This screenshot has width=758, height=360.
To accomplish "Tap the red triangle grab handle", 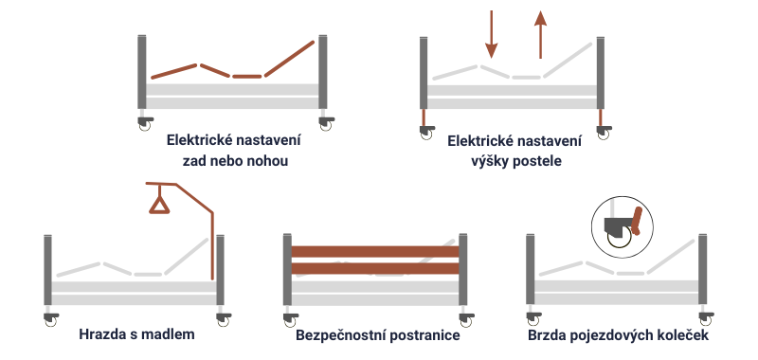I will tap(158, 202).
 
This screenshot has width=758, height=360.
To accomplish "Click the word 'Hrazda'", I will tap(103, 334).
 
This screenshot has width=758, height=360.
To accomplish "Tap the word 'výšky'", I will tap(491, 161).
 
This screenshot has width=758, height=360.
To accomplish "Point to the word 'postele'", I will tap(538, 161).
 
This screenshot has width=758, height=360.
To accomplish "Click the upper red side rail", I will tap(377, 251).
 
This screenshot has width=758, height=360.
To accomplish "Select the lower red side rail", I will tap(377, 268).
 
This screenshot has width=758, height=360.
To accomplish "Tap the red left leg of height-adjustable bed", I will tap(424, 119).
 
